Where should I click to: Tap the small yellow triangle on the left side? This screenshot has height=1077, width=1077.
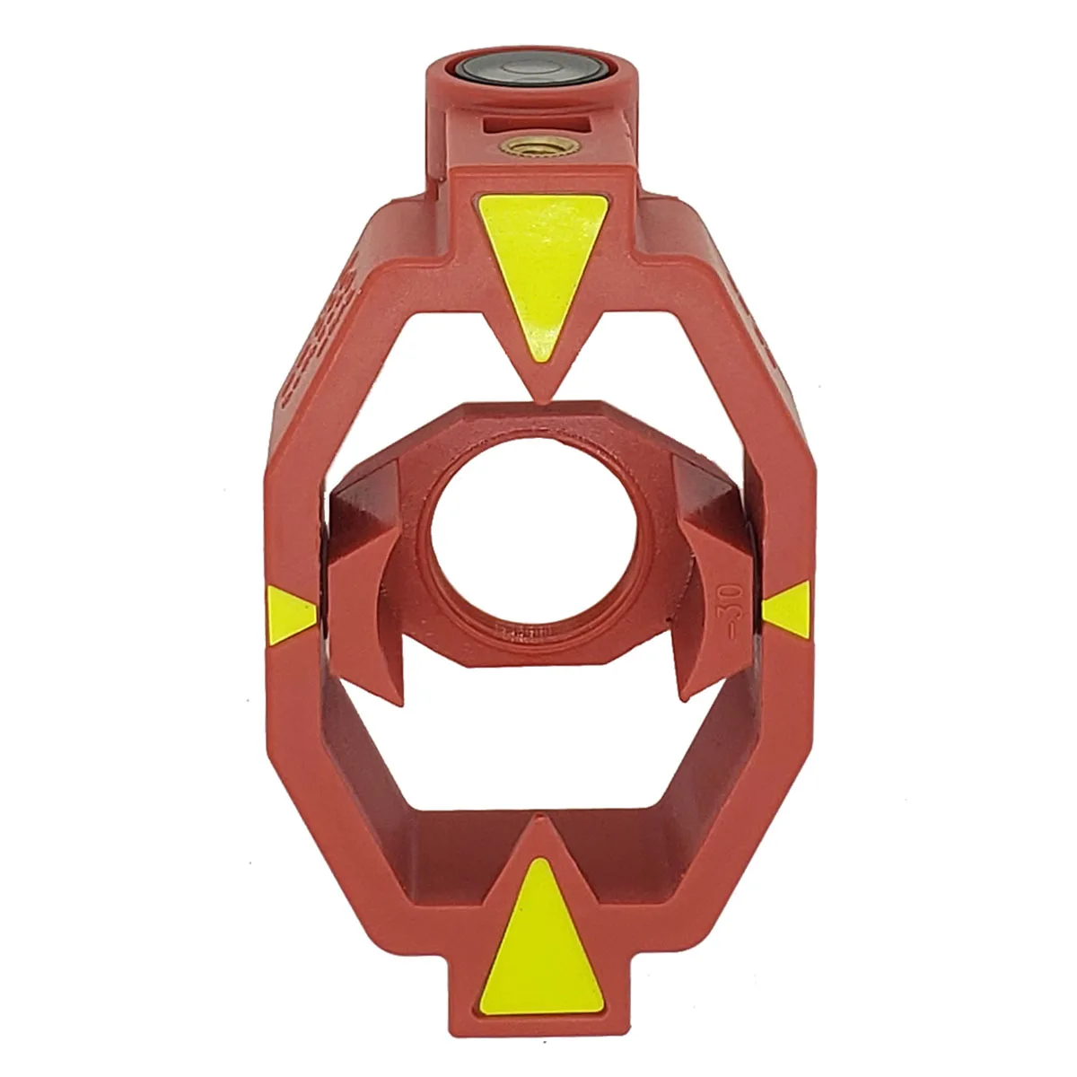coord(290,614)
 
